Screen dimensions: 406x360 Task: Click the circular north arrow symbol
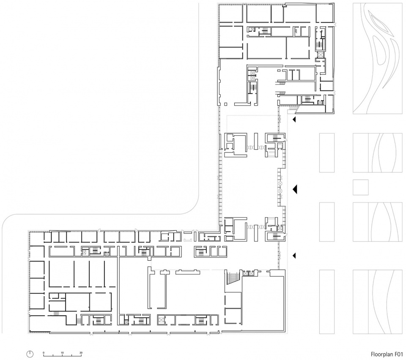pyautogui.click(x=30, y=354)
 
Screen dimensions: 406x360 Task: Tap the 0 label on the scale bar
pyautogui.click(x=44, y=352)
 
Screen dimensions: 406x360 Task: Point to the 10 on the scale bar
pyautogui.click(x=62, y=352)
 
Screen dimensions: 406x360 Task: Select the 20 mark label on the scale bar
pyautogui.click(x=81, y=352)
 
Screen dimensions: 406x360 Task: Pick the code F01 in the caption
pyautogui.click(x=399, y=354)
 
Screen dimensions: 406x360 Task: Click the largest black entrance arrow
pyautogui.click(x=295, y=190)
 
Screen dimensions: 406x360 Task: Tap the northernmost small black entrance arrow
pyautogui.click(x=294, y=119)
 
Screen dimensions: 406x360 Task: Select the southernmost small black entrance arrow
pyautogui.click(x=294, y=256)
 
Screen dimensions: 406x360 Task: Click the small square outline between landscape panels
pyautogui.click(x=360, y=188)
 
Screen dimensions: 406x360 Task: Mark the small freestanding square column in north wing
pyautogui.click(x=225, y=104)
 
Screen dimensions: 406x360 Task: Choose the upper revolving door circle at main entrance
pyautogui.click(x=280, y=183)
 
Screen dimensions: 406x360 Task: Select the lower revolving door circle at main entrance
pyautogui.click(x=280, y=191)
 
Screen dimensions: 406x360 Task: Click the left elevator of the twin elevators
pyautogui.click(x=245, y=273)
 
